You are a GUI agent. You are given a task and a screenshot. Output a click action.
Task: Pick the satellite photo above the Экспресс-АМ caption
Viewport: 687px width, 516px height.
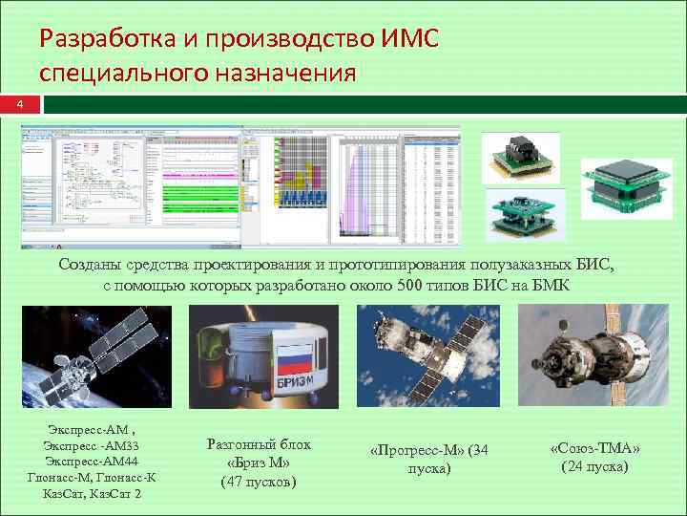(x=95, y=357)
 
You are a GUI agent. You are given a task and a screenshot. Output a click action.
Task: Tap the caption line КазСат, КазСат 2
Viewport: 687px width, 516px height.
(x=92, y=493)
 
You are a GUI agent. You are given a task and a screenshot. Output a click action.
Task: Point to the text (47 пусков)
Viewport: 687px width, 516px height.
(x=258, y=481)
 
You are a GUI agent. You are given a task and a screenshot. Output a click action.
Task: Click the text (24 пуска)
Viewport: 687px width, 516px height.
(x=594, y=465)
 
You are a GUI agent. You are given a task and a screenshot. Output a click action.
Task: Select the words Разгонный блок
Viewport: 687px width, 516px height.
(x=258, y=445)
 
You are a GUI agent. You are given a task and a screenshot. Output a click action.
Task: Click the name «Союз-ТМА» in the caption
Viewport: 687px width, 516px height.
(x=594, y=448)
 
